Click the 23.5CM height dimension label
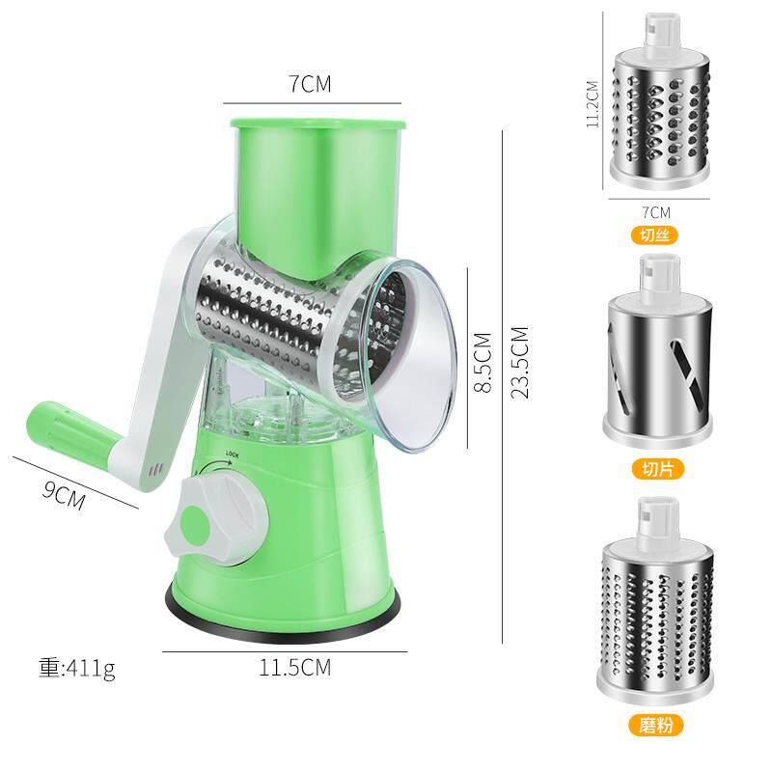click(520, 362)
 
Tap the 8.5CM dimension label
click(483, 362)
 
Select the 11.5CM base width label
click(295, 668)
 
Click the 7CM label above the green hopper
click(310, 84)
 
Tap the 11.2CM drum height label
click(593, 104)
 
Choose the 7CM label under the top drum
click(656, 212)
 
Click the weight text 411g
click(77, 668)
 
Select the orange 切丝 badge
click(654, 235)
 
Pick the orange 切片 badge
click(657, 468)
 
